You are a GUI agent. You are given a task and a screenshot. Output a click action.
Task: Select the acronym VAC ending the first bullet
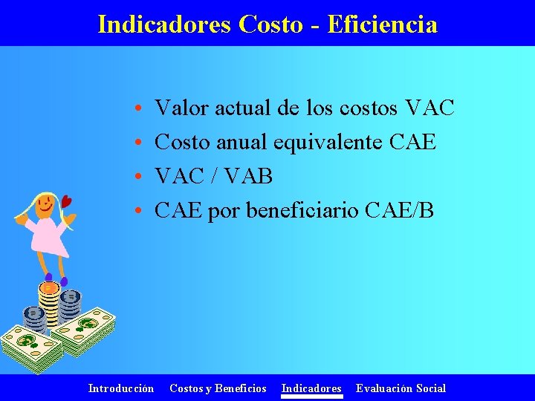pyautogui.click(x=430, y=108)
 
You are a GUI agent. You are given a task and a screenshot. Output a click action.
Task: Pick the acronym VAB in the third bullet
pyautogui.click(x=247, y=177)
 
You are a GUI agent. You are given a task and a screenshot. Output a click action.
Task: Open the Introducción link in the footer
pyautogui.click(x=121, y=388)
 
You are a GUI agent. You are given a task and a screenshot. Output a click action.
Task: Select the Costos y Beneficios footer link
pyautogui.click(x=218, y=388)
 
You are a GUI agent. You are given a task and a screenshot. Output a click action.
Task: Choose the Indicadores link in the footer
pyautogui.click(x=311, y=388)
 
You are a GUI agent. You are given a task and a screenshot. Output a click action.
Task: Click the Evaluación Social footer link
pyautogui.click(x=401, y=388)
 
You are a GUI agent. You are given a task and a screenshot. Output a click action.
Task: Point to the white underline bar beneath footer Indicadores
pyautogui.click(x=311, y=397)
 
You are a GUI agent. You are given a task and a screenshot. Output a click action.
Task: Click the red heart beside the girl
pyautogui.click(x=67, y=201)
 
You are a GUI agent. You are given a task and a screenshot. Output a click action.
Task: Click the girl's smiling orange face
pyautogui.click(x=45, y=202)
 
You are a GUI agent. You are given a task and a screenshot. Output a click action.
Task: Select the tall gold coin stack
pyautogui.click(x=48, y=304)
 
